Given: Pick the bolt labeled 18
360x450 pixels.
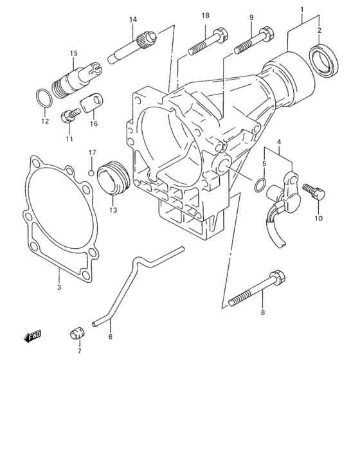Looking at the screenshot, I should click(x=205, y=42).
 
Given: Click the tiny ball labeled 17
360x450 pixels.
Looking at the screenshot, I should click(x=92, y=172).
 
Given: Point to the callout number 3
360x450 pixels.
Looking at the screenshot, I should click(x=59, y=289).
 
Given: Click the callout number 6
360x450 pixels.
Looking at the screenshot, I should click(x=110, y=337).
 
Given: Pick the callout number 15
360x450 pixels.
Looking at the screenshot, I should click(x=74, y=53).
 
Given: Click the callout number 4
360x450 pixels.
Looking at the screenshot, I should click(x=279, y=141).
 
